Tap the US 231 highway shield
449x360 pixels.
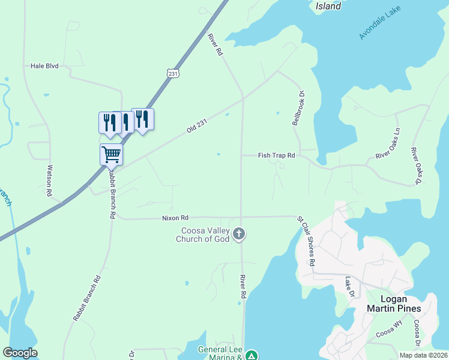173,73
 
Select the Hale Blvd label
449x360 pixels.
44,66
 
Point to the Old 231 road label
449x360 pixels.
197,125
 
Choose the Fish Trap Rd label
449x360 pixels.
277,155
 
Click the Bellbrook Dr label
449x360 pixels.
299,108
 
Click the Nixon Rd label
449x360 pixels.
175,218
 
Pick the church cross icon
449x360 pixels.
239,234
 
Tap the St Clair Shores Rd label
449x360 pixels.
306,241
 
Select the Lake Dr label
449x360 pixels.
349,285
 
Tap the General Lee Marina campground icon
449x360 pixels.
253,355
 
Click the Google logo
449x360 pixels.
20,353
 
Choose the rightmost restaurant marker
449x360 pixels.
142,118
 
